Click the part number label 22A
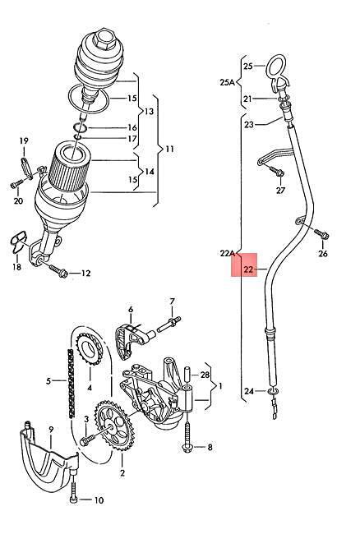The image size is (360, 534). point(228,253)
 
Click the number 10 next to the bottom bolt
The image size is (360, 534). point(99,500)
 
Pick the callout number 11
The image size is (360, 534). point(169,149)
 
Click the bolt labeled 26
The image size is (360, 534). point(321,234)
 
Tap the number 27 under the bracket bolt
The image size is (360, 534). point(280,190)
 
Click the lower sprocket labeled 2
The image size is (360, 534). point(113,426)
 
